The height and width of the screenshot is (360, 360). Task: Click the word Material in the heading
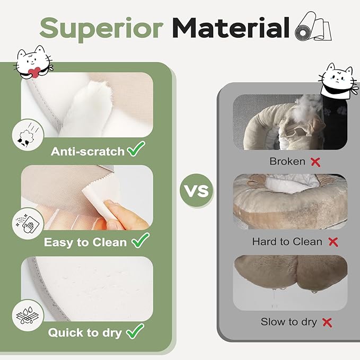pyautogui.click(x=231, y=28)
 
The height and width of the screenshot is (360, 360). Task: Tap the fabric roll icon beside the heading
pyautogui.click(x=313, y=27)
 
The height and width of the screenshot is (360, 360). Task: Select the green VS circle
pyautogui.click(x=197, y=190)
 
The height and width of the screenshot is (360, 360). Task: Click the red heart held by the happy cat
pyautogui.click(x=34, y=72)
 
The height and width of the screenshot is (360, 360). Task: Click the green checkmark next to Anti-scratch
pyautogui.click(x=136, y=149)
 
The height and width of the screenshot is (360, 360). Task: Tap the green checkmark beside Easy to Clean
pyautogui.click(x=141, y=240)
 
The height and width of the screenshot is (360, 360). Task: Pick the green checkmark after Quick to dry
pyautogui.click(x=135, y=331)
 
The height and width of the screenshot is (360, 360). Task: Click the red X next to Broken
pyautogui.click(x=315, y=162)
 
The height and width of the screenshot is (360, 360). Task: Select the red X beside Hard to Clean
pyautogui.click(x=333, y=242)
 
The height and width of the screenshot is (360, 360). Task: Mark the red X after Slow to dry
pyautogui.click(x=327, y=322)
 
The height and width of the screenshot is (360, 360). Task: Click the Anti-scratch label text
pyautogui.click(x=87, y=152)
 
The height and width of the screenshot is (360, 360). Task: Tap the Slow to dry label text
pyautogui.click(x=288, y=322)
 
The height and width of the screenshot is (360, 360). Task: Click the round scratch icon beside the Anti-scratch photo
pyautogui.click(x=28, y=135)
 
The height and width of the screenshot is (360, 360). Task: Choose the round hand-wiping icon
pyautogui.click(x=28, y=224)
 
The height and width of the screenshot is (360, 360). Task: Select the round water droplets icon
pyautogui.click(x=28, y=315)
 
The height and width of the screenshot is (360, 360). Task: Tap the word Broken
pyautogui.click(x=287, y=161)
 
